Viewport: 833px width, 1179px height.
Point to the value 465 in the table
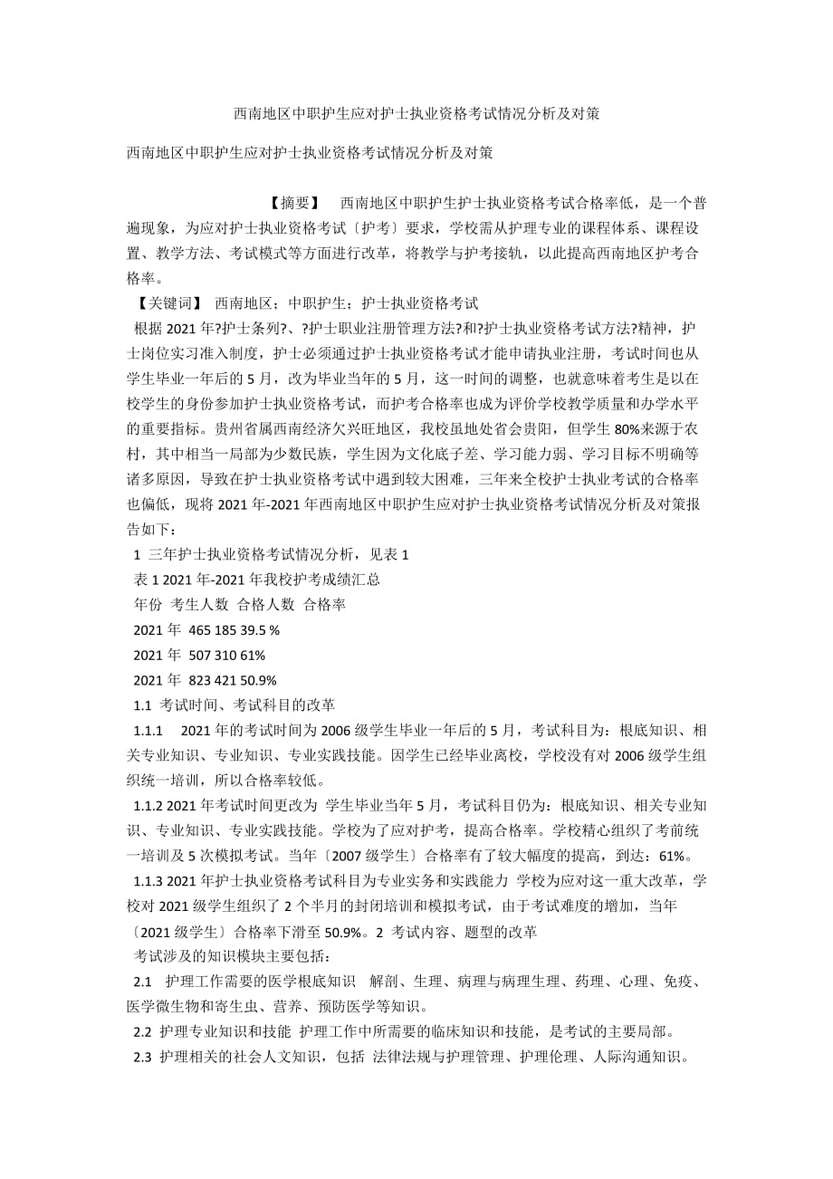(201, 629)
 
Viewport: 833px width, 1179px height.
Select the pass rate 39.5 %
(260, 629)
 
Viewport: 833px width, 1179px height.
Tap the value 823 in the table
(201, 680)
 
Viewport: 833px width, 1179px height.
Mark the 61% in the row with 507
(254, 655)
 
